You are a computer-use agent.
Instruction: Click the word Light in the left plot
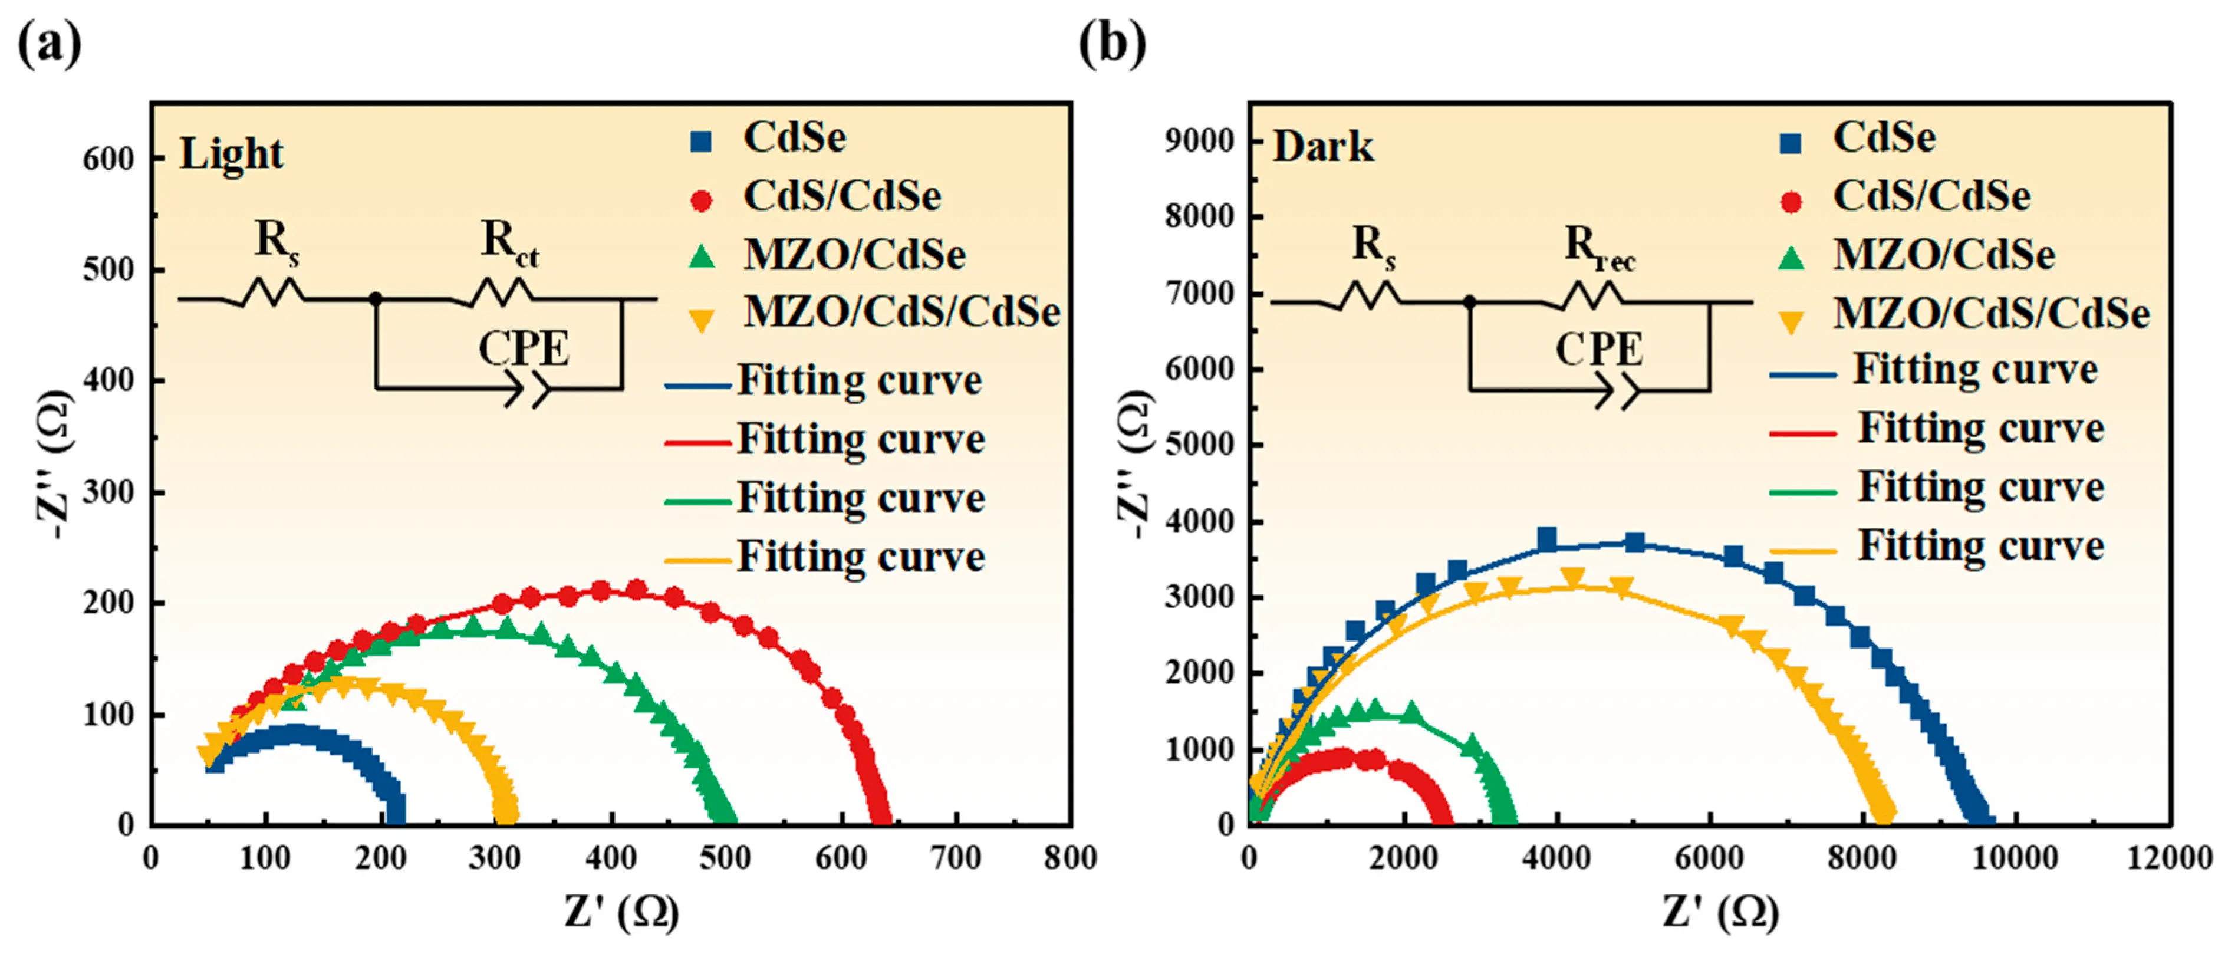pos(231,154)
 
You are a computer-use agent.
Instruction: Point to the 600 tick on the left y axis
pos(108,159)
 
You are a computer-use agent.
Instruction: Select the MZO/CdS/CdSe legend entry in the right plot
pos(1991,313)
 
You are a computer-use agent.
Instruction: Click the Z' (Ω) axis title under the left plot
pos(621,913)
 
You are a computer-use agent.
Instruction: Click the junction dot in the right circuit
pos(1469,302)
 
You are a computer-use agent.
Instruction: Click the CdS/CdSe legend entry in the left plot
pos(841,196)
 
